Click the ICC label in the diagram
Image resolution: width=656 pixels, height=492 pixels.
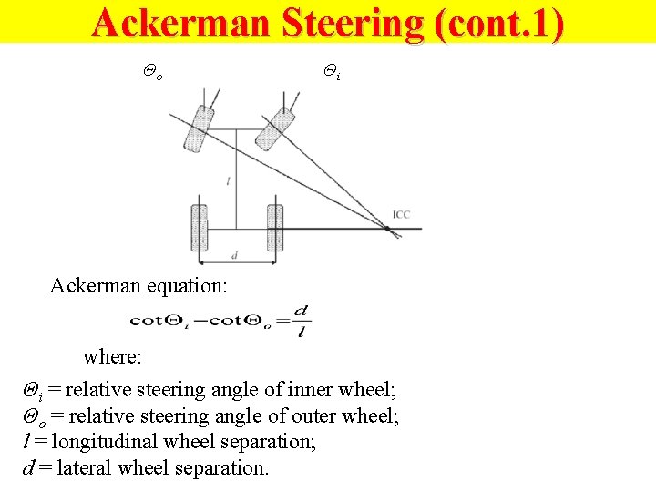click(401, 215)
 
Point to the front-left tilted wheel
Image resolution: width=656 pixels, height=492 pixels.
click(198, 128)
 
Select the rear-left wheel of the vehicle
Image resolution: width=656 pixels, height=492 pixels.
click(200, 228)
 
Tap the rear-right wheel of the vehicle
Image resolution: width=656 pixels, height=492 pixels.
click(274, 228)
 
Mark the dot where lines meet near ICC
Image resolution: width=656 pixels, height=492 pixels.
click(389, 229)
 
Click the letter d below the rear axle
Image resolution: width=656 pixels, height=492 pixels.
click(234, 257)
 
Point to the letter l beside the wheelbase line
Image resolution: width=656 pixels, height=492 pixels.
click(228, 181)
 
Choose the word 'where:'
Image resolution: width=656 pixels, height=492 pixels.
click(113, 355)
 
